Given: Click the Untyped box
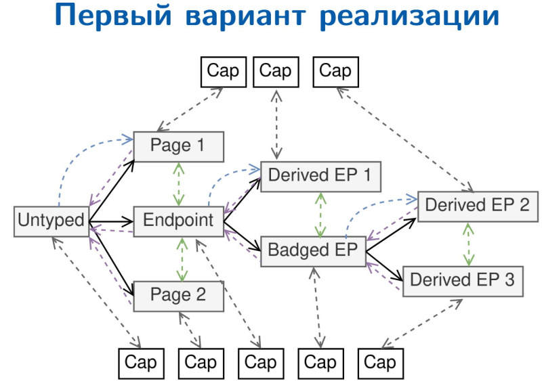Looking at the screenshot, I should point(51,221).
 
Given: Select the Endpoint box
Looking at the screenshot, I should point(178,221).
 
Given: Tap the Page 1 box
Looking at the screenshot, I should point(178,145).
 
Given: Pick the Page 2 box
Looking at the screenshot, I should point(178,296).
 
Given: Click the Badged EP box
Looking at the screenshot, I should point(313,250).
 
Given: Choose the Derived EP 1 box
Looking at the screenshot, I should point(320,175).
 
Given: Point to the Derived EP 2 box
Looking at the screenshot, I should point(477,206).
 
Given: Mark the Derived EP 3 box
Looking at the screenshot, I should point(462,280).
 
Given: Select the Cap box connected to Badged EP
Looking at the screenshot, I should point(320,363).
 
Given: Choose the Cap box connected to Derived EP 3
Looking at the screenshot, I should point(379,363).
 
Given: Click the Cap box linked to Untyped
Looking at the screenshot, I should point(141,363).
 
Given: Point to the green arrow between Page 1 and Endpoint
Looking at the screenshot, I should point(179,183).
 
